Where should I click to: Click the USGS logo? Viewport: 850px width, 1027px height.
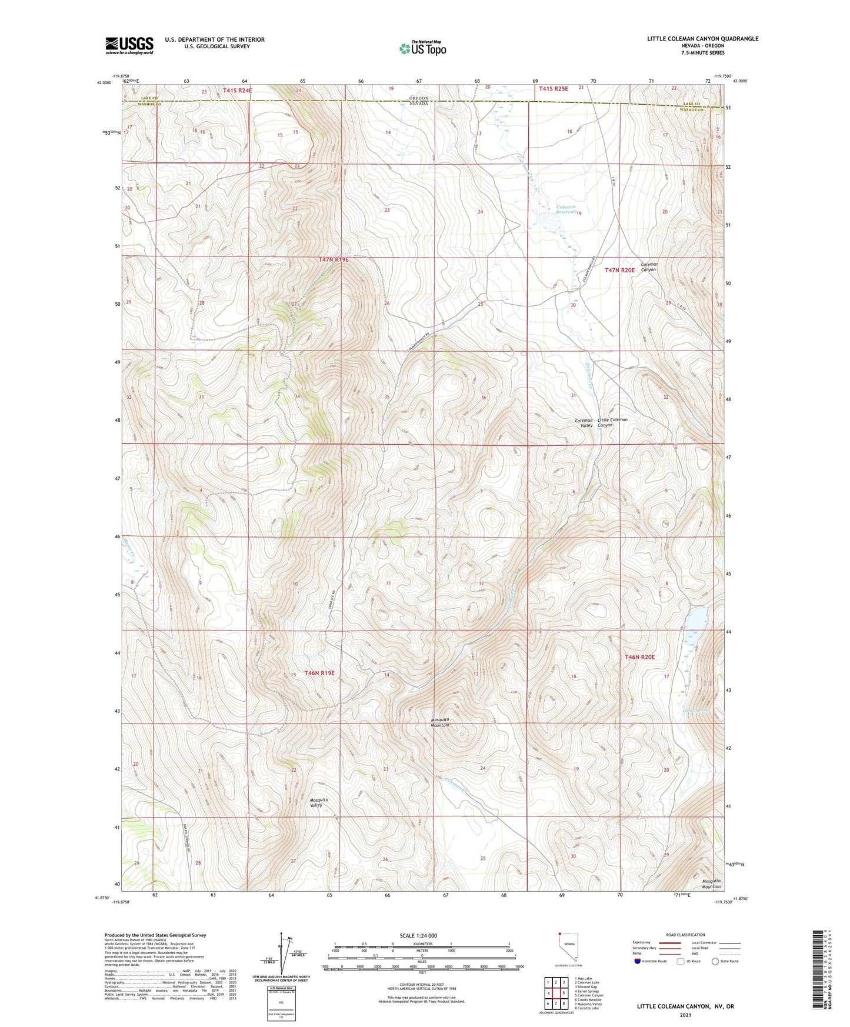click(129, 45)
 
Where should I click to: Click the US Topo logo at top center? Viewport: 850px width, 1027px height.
click(422, 48)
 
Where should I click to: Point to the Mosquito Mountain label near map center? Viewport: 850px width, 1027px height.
click(440, 722)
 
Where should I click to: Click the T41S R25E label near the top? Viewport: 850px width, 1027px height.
click(554, 89)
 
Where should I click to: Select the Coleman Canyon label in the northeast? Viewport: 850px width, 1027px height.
click(649, 266)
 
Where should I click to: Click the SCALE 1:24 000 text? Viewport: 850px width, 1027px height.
click(418, 935)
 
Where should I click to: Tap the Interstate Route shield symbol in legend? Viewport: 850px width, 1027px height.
click(638, 961)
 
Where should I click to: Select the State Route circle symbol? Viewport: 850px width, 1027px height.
click(715, 961)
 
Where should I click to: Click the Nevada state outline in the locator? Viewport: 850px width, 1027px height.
click(565, 945)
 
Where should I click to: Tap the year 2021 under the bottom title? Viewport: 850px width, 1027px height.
click(685, 1015)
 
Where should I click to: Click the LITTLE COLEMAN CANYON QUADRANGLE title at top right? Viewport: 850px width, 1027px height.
click(702, 39)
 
